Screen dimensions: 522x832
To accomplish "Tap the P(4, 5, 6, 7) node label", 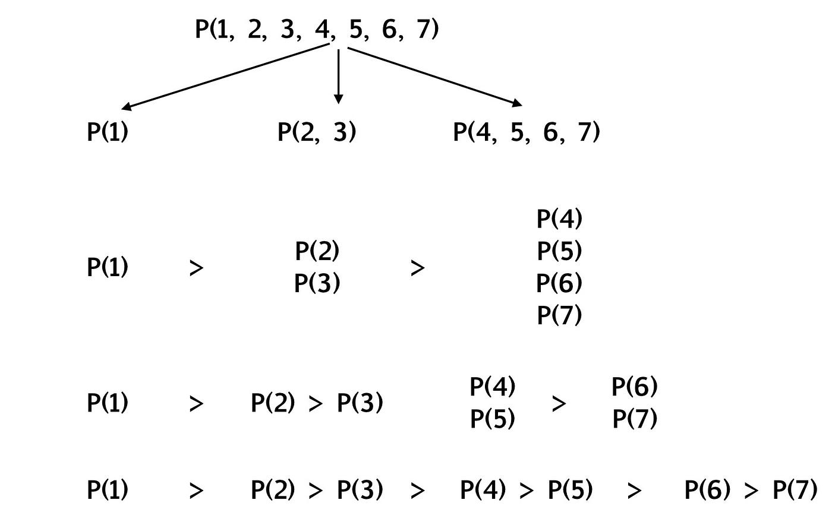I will pos(526,132).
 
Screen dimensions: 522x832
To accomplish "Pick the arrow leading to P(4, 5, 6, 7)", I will pos(434,76).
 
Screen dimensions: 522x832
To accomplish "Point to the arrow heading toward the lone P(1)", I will pos(226,77).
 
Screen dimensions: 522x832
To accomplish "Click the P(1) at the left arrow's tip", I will pos(108,132).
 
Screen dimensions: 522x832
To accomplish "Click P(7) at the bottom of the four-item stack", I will pos(559,315).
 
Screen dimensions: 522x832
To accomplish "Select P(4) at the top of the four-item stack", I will pos(559,219).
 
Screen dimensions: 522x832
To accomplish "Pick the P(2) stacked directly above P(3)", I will pos(317,251).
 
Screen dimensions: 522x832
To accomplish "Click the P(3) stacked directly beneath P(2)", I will pos(317,283).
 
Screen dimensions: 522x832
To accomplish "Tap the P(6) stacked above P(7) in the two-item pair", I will pos(634,387).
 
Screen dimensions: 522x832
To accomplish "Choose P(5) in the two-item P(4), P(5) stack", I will pos(492,419).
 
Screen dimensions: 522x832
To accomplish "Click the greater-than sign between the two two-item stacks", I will pos(559,404).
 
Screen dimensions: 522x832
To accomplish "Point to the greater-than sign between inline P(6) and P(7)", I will pos(751,491).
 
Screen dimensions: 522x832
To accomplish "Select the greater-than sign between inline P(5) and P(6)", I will pos(634,491).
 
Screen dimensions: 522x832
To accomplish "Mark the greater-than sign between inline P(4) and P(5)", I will pos(527,491).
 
